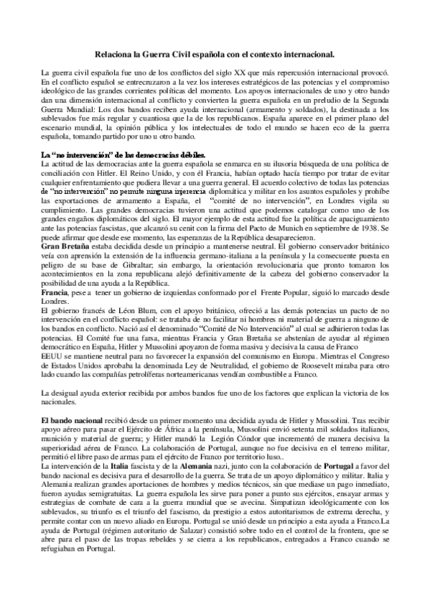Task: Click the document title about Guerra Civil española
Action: pos(215,53)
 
